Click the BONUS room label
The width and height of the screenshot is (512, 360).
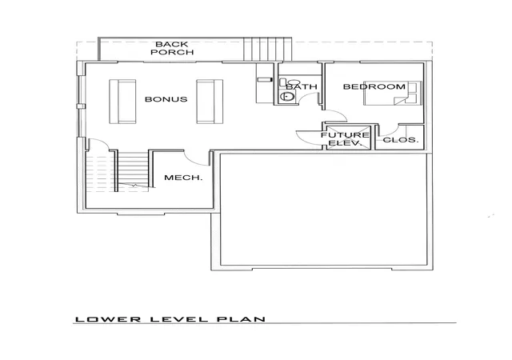click(166, 99)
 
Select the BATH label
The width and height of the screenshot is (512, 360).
click(302, 86)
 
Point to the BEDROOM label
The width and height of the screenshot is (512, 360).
click(374, 86)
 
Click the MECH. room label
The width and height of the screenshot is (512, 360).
click(183, 178)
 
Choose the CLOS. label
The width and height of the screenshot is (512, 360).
click(400, 140)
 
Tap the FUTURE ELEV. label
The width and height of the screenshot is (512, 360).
click(345, 139)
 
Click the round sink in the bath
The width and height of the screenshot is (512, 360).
click(287, 96)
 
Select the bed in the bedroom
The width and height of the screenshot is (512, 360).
click(393, 93)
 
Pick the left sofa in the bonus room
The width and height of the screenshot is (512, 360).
click(122, 102)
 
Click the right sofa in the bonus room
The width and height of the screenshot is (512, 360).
click(210, 102)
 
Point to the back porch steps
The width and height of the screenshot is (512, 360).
click(267, 49)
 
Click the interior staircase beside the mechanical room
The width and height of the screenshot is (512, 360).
click(133, 170)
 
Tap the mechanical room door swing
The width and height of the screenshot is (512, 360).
click(195, 160)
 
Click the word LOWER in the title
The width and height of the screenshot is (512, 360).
click(108, 319)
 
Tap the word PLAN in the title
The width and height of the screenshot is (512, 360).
click(242, 319)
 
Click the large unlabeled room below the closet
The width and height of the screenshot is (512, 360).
click(323, 209)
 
